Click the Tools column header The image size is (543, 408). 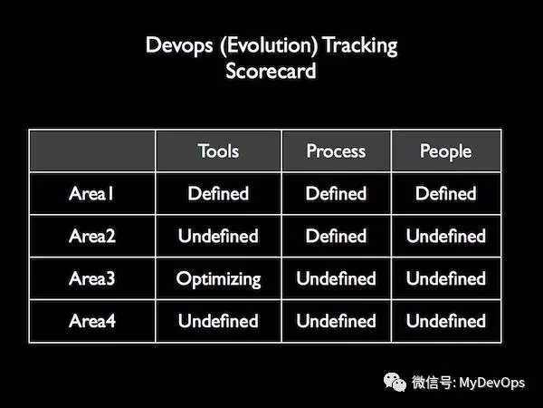click(218, 151)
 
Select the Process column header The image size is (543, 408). click(336, 151)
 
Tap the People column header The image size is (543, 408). click(445, 151)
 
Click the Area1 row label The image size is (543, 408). click(91, 193)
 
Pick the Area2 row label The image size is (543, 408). click(91, 236)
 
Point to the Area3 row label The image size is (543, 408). click(91, 278)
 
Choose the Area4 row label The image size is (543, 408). click(91, 321)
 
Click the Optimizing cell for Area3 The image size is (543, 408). click(218, 278)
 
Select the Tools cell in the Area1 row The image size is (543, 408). click(218, 193)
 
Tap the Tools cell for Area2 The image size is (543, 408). click(218, 236)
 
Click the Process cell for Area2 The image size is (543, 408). click(336, 236)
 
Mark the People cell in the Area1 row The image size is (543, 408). click(445, 193)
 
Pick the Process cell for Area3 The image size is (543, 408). click(336, 278)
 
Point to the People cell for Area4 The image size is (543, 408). click(445, 321)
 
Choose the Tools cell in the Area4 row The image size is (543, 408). click(218, 321)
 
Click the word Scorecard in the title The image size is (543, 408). click(271, 71)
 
